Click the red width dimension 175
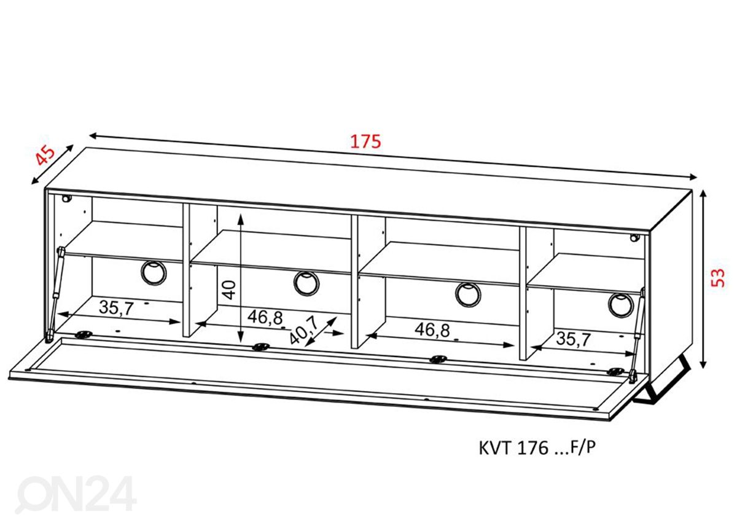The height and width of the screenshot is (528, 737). [365, 141]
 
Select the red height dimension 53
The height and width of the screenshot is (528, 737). [717, 278]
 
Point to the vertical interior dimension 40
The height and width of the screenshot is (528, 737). [229, 290]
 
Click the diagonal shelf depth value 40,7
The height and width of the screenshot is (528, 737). [303, 329]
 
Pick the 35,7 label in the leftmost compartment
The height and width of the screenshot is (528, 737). [117, 308]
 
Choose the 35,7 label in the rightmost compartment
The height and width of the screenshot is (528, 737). [574, 339]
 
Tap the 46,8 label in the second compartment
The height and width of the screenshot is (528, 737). [265, 317]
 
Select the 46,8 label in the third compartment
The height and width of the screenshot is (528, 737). [432, 329]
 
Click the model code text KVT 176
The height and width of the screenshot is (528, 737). [513, 449]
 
